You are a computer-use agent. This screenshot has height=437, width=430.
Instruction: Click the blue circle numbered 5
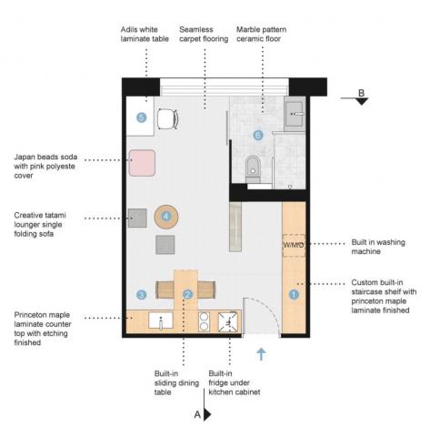141,117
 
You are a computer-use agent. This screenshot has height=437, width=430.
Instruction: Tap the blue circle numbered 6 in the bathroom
257,136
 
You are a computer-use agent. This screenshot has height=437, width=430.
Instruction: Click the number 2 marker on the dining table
186,294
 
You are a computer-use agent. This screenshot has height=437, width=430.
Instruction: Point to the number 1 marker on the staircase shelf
294,294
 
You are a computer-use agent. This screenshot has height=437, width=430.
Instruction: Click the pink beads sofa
142,163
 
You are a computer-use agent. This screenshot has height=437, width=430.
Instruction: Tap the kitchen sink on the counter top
162,321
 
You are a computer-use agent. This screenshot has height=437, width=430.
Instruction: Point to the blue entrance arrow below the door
262,354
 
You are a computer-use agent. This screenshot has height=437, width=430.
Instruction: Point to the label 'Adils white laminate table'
145,36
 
